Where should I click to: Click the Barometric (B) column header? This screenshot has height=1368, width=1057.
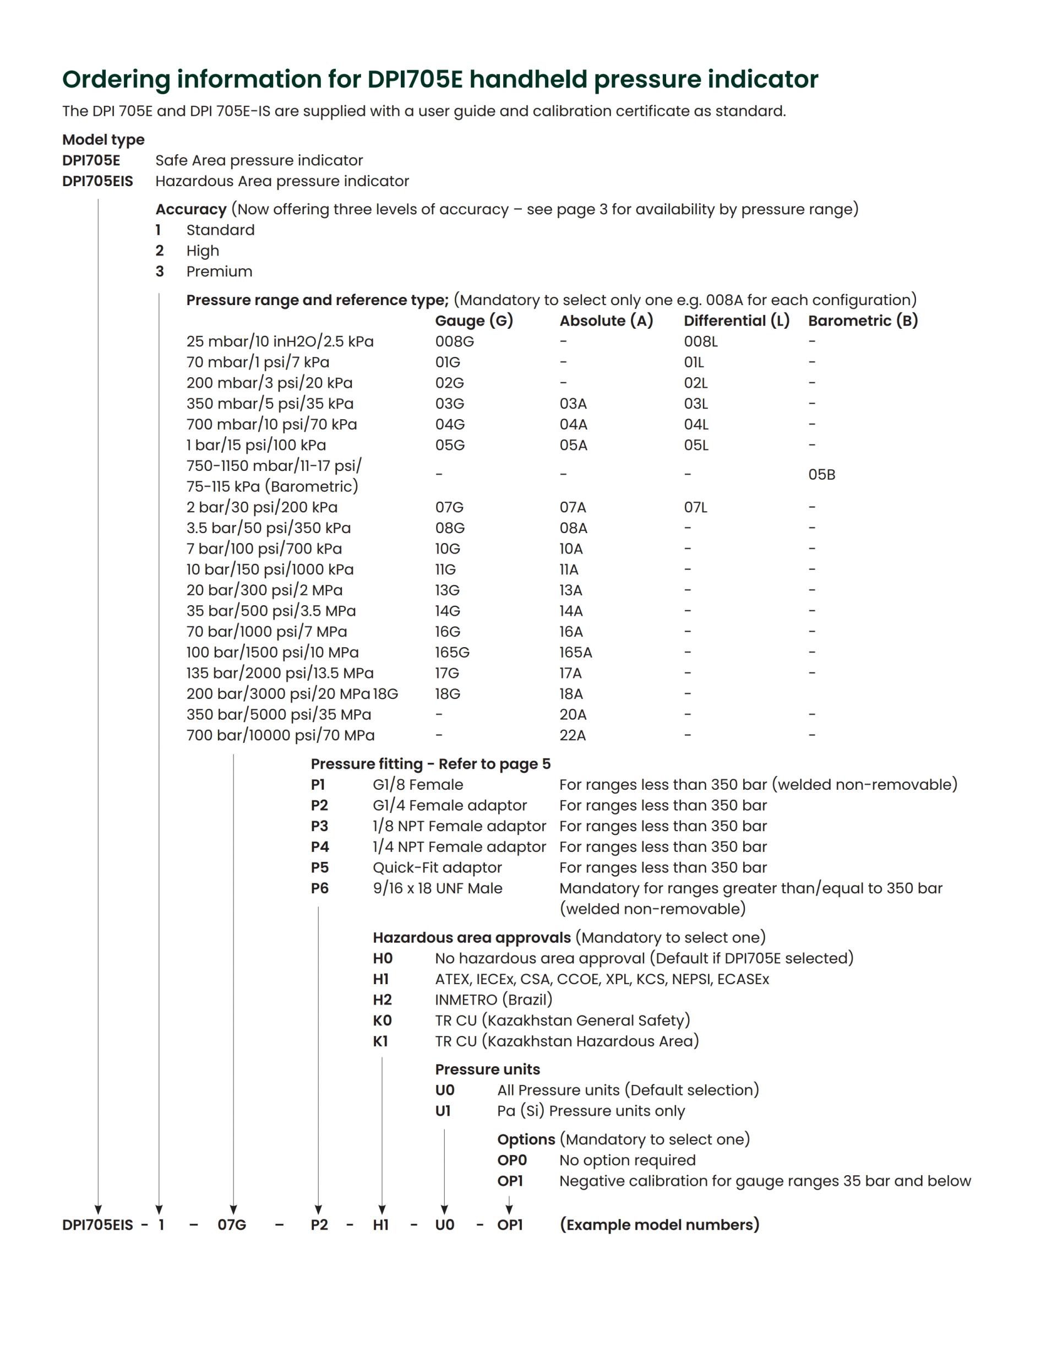click(x=862, y=321)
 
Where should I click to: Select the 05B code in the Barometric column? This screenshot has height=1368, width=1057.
click(x=821, y=475)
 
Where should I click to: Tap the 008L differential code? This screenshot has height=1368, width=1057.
click(x=700, y=341)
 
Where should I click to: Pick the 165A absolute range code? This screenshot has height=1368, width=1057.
click(x=575, y=652)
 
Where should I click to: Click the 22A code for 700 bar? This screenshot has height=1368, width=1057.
click(x=573, y=735)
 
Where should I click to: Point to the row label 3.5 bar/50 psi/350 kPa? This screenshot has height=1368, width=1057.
click(x=268, y=528)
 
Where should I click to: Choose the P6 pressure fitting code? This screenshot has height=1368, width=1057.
click(x=319, y=888)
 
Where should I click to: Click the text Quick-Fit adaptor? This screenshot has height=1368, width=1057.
click(x=437, y=867)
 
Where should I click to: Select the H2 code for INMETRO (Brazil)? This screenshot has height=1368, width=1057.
click(x=382, y=1000)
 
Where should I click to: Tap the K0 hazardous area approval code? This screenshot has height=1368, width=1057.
click(x=382, y=1020)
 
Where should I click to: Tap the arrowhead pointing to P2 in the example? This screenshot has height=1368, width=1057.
click(x=318, y=1209)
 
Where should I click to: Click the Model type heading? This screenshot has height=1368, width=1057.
click(x=103, y=140)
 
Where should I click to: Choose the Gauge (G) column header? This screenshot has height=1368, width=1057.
click(x=474, y=321)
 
